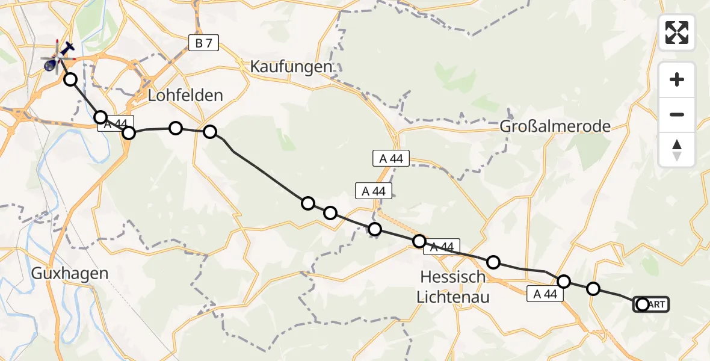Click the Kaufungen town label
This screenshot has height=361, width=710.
(292, 66)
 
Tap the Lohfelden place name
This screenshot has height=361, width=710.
(186, 95)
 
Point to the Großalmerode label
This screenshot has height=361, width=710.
(555, 126)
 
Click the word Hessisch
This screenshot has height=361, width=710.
(453, 277)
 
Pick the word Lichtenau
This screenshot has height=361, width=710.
(455, 297)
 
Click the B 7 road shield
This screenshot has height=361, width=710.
(203, 43)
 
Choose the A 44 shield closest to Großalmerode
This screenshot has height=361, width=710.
(391, 159)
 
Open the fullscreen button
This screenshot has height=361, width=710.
(677, 32)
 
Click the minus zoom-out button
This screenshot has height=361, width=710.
(677, 114)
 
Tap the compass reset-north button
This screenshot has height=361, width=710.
(677, 149)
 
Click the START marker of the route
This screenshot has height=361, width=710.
(650, 304)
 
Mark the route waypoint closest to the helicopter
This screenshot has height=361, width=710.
(71, 79)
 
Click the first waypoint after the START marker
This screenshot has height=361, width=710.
(593, 289)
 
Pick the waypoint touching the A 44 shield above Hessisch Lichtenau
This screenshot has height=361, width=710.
(419, 241)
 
